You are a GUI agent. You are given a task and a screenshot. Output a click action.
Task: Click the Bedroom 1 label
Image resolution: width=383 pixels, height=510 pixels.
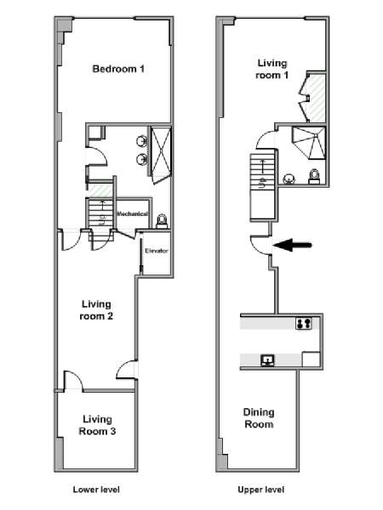tap(118, 69)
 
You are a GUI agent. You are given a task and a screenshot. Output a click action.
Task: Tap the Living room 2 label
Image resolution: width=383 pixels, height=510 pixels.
tap(96, 310)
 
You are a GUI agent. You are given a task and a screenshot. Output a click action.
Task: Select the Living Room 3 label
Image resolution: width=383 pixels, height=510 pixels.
tap(97, 425)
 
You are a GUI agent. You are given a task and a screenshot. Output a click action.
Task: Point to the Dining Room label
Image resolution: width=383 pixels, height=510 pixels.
tap(259, 418)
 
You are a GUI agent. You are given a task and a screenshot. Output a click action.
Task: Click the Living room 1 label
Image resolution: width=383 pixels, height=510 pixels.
tap(272, 69)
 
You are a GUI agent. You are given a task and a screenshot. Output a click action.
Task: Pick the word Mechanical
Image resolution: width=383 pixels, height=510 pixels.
tap(132, 213)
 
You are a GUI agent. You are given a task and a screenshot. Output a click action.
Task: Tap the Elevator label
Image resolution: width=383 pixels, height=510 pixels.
tap(157, 251)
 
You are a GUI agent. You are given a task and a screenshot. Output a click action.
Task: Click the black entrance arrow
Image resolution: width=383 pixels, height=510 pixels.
tap(292, 245)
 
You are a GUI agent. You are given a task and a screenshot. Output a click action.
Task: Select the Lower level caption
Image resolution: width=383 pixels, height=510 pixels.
tap(96, 490)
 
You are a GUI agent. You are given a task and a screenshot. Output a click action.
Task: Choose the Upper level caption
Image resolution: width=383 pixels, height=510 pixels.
tap(261, 490)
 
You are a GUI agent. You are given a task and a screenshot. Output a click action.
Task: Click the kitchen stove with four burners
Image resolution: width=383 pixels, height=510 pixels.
tap(303, 323)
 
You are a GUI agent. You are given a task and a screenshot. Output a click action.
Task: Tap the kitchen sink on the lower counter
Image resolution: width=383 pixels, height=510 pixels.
tap(267, 360)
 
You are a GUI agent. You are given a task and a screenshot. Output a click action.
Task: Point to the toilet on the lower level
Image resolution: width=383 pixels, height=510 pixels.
tap(163, 222)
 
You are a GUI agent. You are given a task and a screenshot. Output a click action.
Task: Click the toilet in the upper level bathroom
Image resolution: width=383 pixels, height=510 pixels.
tap(314, 177)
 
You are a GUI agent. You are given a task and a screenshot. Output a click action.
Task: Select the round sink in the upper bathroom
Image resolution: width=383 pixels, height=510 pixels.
tap(289, 178)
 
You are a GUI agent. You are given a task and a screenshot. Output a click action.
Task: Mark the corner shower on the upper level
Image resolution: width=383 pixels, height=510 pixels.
tap(309, 143)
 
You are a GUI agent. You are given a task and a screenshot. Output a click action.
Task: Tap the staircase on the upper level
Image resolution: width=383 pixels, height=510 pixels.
tap(263, 186)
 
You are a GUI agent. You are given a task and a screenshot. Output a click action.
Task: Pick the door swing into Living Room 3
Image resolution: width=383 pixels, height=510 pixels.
tap(74, 381)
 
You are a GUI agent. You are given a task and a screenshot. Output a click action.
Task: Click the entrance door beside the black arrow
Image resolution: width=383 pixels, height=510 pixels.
tap(260, 245)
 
